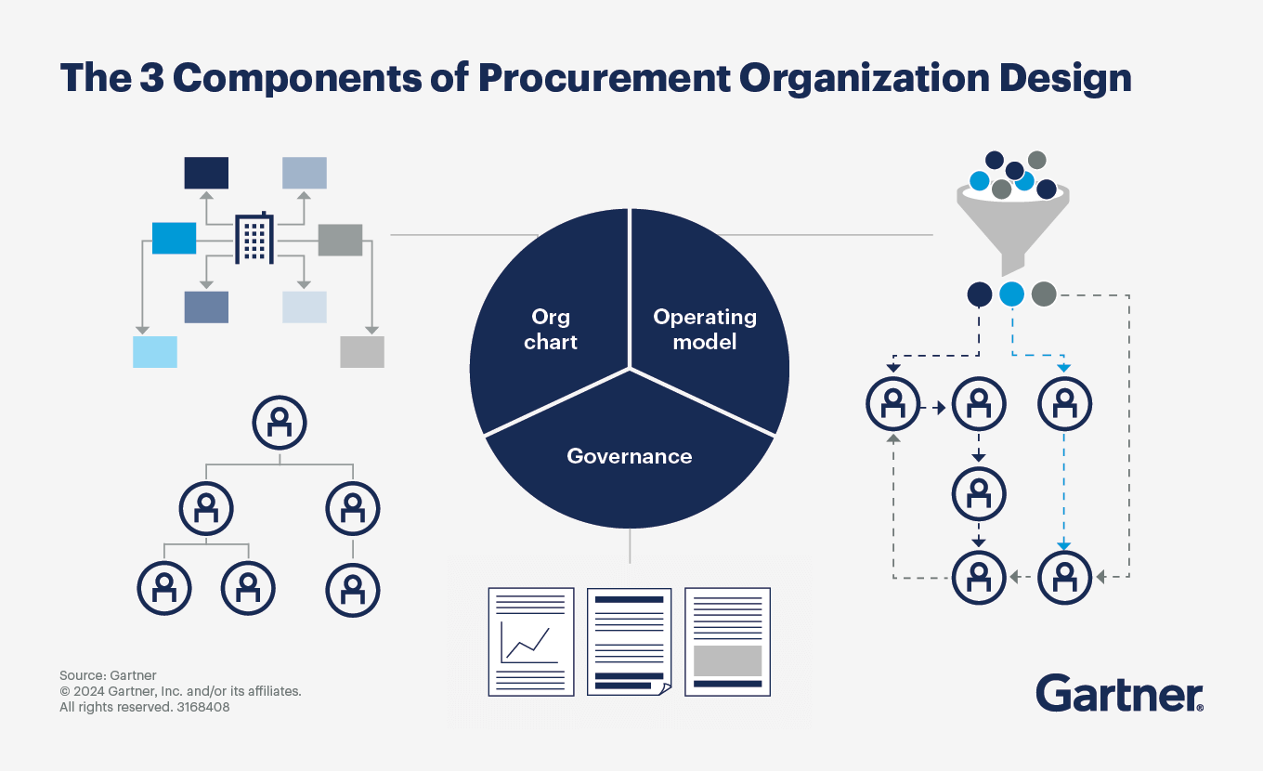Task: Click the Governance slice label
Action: pyautogui.click(x=630, y=456)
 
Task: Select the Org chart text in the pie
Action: pyautogui.click(x=551, y=329)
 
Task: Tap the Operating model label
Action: pyautogui.click(x=705, y=329)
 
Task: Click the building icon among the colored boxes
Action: pyautogui.click(x=254, y=238)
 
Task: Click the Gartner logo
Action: pyautogui.click(x=1119, y=693)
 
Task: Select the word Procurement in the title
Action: pyautogui.click(x=605, y=78)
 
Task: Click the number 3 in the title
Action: pyautogui.click(x=151, y=77)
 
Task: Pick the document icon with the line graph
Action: pyautogui.click(x=531, y=642)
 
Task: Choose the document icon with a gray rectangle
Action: pyautogui.click(x=727, y=642)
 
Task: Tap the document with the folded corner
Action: pyautogui.click(x=630, y=642)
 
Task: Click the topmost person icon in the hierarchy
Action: pyautogui.click(x=280, y=423)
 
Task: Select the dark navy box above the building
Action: pyautogui.click(x=206, y=173)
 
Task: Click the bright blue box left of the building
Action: pyautogui.click(x=175, y=238)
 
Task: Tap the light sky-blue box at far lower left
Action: pyautogui.click(x=155, y=352)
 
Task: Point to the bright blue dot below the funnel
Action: pyautogui.click(x=1011, y=294)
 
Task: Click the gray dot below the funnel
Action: pyautogui.click(x=1044, y=294)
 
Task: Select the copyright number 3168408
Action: pyautogui.click(x=203, y=707)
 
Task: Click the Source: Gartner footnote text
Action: pyautogui.click(x=108, y=675)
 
